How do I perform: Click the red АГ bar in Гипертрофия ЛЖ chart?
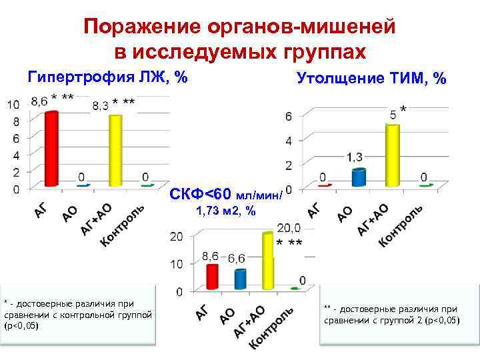click(51, 149)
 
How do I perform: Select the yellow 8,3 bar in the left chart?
click(115, 150)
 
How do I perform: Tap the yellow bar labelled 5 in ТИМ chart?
click(392, 155)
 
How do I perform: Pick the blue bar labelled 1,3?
click(359, 177)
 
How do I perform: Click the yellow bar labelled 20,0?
click(268, 260)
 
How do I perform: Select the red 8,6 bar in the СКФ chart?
click(213, 276)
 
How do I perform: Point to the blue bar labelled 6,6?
click(240, 279)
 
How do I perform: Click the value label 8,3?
click(101, 105)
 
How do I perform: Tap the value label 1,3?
click(355, 157)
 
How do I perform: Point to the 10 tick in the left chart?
click(13, 105)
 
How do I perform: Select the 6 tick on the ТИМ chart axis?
click(288, 117)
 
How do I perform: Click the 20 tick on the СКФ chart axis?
click(177, 237)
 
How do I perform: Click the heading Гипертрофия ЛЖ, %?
click(107, 77)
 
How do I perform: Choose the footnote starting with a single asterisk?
click(78, 315)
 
